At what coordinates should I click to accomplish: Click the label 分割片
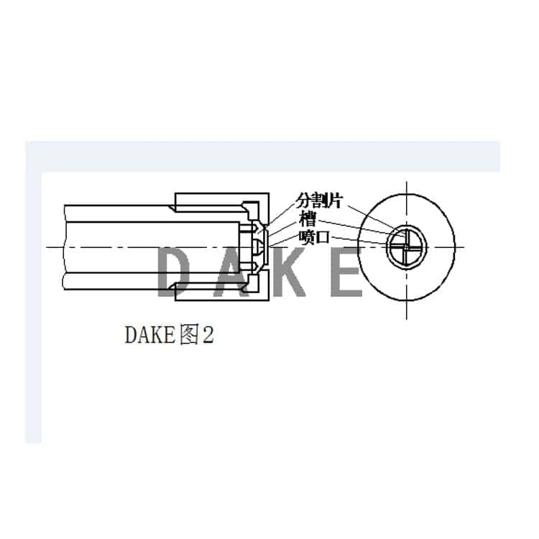click(x=319, y=201)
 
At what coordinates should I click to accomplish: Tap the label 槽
click(x=308, y=218)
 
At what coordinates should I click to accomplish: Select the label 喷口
click(x=314, y=236)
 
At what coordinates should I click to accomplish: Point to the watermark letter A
click(x=229, y=272)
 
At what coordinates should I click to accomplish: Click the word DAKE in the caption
click(x=151, y=335)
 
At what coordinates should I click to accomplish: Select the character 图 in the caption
click(x=190, y=335)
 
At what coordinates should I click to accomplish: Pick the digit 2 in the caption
click(x=208, y=335)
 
